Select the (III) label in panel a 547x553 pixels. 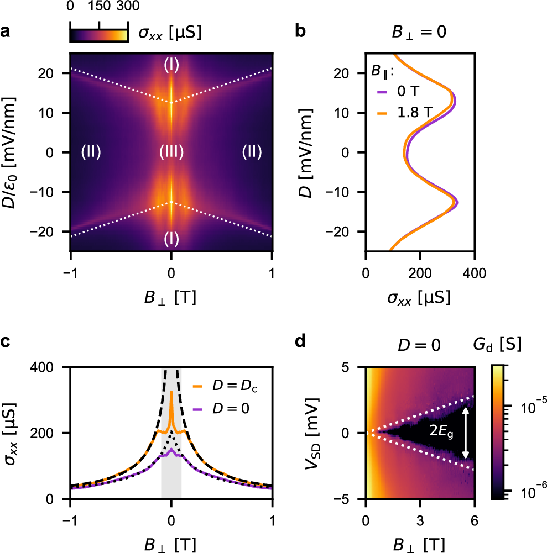[x=171, y=152]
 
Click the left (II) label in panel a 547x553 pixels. [x=91, y=152]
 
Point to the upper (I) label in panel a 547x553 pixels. [x=171, y=65]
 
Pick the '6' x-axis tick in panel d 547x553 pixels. [x=474, y=517]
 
